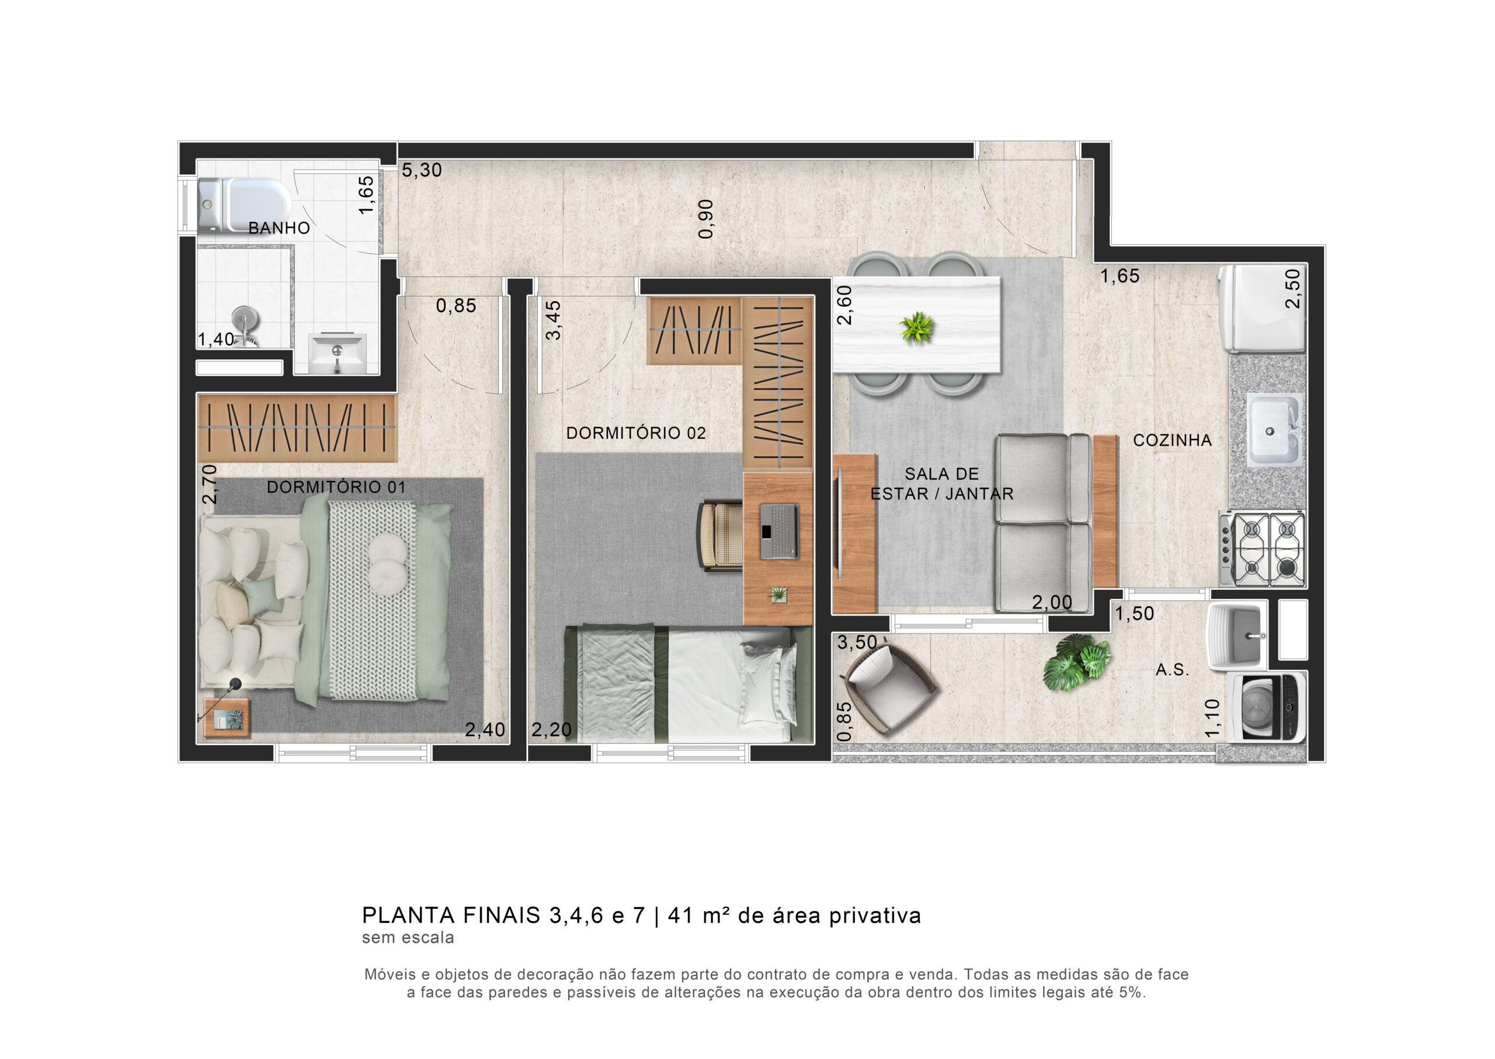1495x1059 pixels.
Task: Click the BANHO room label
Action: click(x=279, y=228)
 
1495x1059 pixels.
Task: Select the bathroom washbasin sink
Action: click(x=337, y=353)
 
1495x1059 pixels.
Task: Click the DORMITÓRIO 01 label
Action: click(x=336, y=487)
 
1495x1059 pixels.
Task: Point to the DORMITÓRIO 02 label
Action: click(x=635, y=432)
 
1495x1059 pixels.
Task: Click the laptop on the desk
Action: click(x=778, y=531)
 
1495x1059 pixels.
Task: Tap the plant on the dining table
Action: click(x=916, y=327)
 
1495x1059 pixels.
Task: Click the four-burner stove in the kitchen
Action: click(x=1263, y=550)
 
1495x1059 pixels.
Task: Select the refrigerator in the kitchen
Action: click(x=1261, y=309)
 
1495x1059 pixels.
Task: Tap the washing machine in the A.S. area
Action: click(x=1266, y=708)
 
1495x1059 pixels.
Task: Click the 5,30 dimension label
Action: click(x=422, y=170)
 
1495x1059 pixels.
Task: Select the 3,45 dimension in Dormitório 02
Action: click(x=552, y=320)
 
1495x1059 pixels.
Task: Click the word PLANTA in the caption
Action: click(x=409, y=915)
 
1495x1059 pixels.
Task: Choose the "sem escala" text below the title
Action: click(x=408, y=938)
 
